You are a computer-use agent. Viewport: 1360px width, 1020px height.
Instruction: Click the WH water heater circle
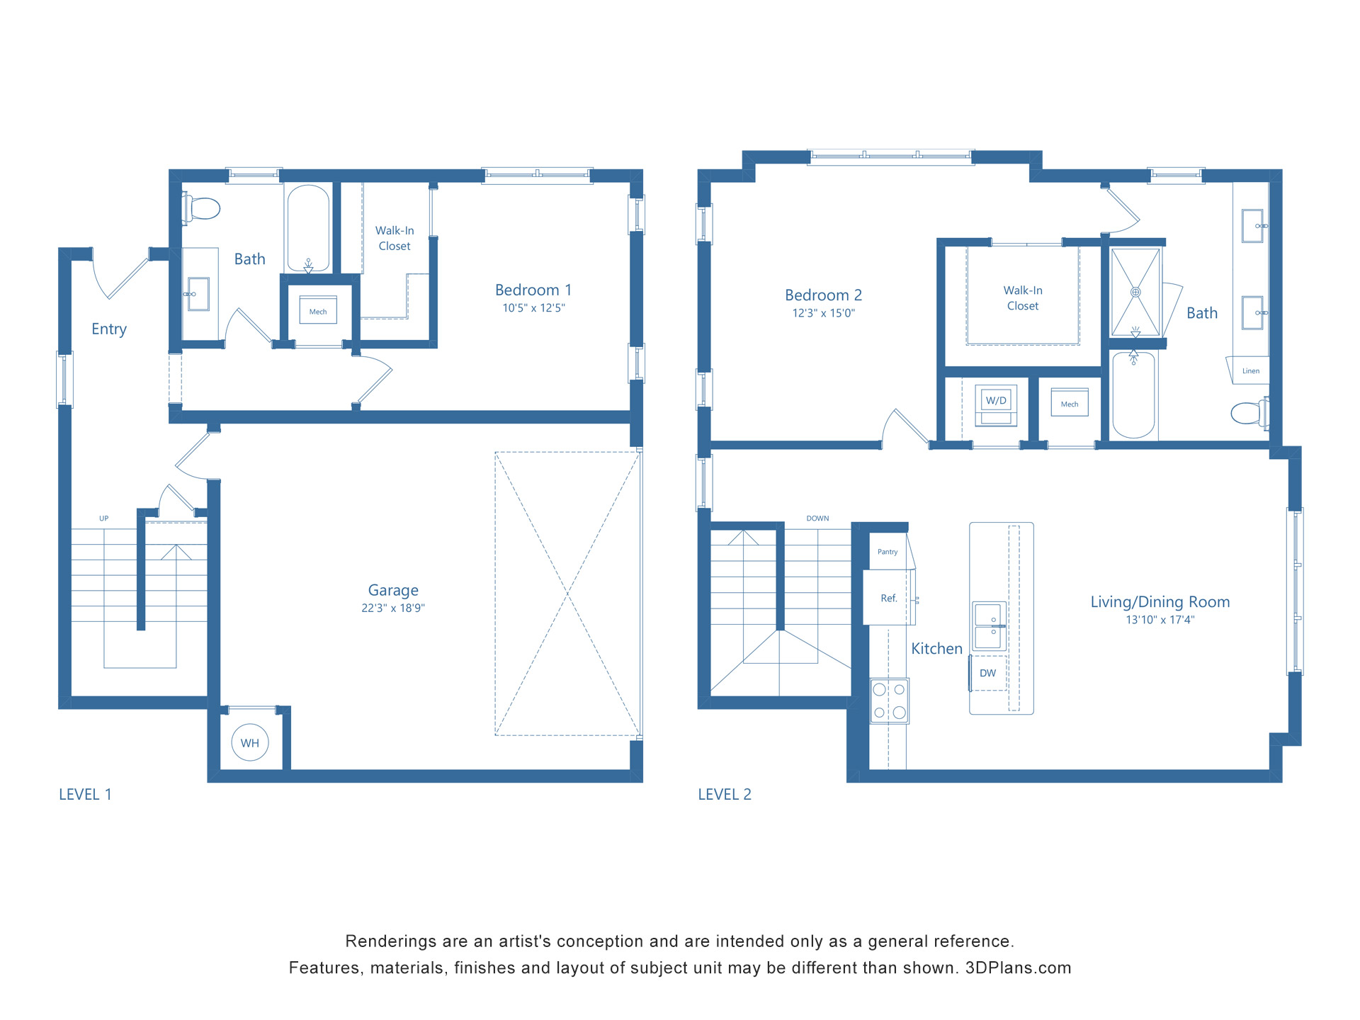[x=249, y=742]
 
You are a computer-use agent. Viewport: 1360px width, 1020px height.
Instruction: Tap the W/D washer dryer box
[x=996, y=401]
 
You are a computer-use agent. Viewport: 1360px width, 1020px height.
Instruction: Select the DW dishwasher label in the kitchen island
[x=987, y=673]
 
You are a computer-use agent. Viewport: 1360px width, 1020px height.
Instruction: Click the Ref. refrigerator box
[x=888, y=599]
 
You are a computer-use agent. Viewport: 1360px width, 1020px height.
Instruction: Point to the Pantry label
[x=888, y=552]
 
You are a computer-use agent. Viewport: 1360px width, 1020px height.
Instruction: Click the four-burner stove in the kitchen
[x=890, y=701]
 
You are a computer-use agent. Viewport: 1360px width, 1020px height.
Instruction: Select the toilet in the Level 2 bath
[x=1248, y=413]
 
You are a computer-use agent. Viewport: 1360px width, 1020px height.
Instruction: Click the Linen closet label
[x=1251, y=371]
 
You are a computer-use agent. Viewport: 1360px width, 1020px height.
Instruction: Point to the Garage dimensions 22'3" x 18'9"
[x=393, y=608]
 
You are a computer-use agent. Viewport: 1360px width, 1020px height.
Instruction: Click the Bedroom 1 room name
[x=533, y=290]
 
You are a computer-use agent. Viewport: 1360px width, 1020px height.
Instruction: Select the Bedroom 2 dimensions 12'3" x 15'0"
[x=823, y=313]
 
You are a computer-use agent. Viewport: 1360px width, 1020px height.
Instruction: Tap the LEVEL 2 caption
[x=724, y=795]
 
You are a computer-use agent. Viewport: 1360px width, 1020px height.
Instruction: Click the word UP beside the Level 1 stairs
[x=104, y=518]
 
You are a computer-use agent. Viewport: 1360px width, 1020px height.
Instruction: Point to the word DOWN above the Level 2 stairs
[x=817, y=518]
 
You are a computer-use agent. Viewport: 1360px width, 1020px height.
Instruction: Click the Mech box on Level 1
[x=318, y=312]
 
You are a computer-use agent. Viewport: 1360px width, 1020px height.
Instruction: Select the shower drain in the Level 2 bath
[x=1135, y=292]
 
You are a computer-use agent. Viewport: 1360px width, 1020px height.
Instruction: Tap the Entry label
[x=109, y=329]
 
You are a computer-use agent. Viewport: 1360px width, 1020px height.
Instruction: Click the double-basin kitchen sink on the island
[x=988, y=626]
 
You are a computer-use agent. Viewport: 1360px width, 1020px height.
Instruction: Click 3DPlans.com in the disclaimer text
[x=1018, y=968]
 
